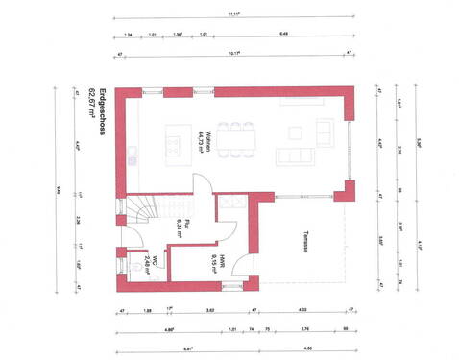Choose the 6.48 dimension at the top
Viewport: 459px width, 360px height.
point(284,34)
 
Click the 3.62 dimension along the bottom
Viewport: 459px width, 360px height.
point(209,311)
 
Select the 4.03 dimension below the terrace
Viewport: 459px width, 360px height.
point(302,311)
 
